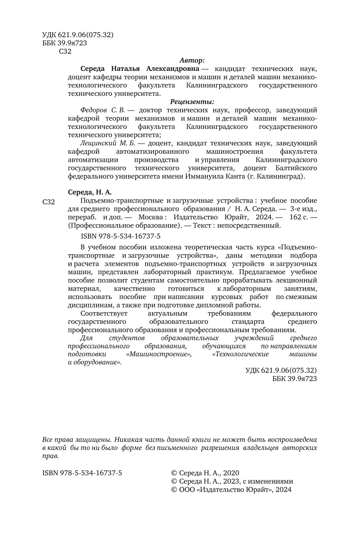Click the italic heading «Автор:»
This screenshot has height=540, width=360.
(x=192, y=60)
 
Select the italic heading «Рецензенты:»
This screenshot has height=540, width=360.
(x=192, y=102)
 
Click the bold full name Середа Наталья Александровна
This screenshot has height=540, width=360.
(x=140, y=69)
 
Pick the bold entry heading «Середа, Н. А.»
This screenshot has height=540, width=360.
(x=90, y=192)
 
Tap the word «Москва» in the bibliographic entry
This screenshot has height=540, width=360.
(x=150, y=217)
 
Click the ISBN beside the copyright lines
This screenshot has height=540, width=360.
(x=82, y=473)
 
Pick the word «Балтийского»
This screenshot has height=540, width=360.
(x=296, y=168)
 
